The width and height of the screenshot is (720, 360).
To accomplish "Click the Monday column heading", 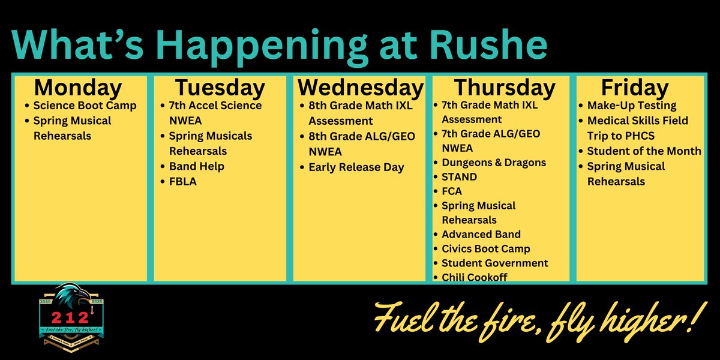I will tap(78, 88).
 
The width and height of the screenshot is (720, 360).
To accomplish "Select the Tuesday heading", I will tap(220, 88).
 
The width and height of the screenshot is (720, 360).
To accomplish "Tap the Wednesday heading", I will tap(360, 88).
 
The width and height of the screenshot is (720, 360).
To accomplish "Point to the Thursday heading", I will tap(504, 88).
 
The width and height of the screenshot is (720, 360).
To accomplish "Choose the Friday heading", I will tap(635, 88).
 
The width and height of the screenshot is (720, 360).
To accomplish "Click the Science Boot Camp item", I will tap(85, 106).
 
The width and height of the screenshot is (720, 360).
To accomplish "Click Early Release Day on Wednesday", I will tap(356, 167).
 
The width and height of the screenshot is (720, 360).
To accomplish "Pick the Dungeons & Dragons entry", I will tap(494, 163).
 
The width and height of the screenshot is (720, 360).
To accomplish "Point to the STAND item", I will tap(459, 177).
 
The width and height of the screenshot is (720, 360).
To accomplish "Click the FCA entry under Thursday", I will tap(453, 191).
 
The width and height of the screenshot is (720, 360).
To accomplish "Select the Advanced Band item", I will tap(481, 235).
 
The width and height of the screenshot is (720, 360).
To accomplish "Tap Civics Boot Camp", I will tap(486, 249).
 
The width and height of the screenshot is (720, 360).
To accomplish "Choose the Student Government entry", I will tap(495, 263).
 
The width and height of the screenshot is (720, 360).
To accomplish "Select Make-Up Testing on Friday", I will tap(632, 106).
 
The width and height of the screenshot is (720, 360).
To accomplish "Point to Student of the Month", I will tap(644, 151).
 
